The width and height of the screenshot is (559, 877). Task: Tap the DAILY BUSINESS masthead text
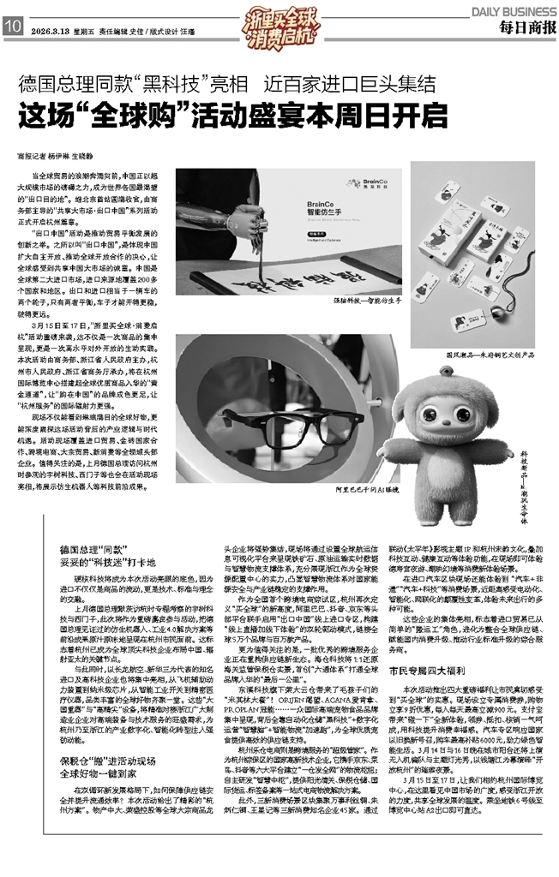[512, 9]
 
